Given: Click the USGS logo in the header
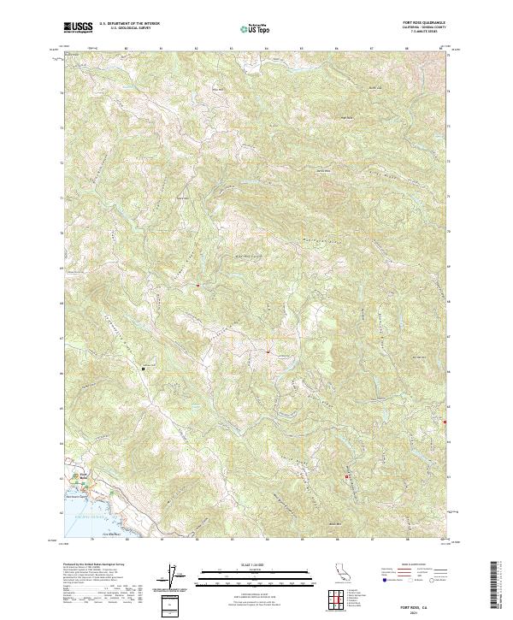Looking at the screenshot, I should coord(78,28).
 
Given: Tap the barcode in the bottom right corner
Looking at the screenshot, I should coord(498,590).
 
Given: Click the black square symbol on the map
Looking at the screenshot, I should coord(143,369).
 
